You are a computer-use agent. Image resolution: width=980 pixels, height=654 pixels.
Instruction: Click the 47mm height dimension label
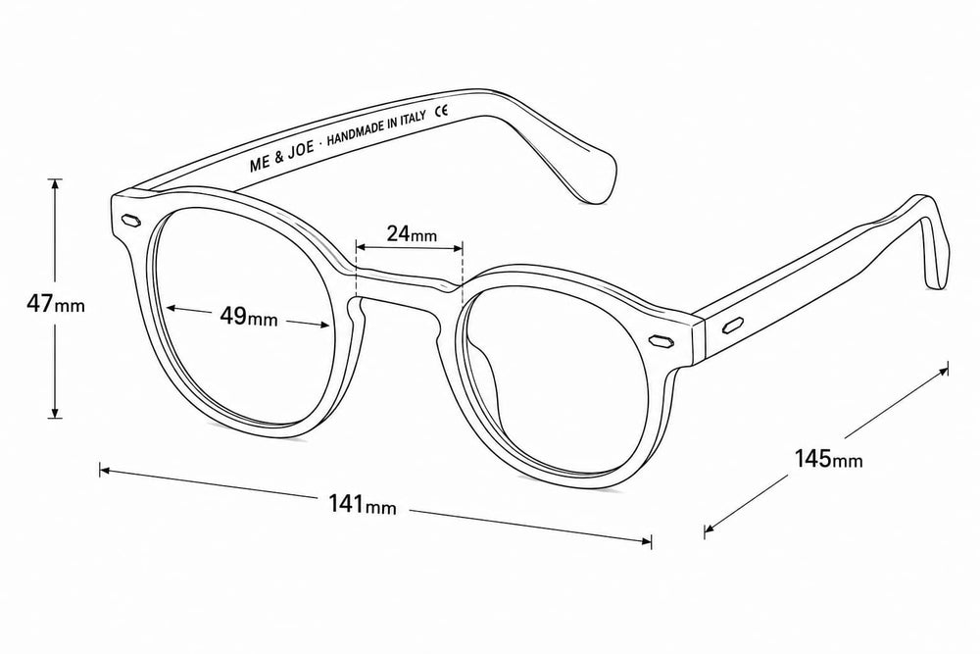click(55, 304)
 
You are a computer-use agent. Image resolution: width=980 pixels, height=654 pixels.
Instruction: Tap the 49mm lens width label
click(248, 317)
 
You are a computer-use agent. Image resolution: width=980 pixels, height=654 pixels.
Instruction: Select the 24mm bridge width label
click(412, 233)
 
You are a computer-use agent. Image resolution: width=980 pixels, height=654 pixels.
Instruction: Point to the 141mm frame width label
click(363, 504)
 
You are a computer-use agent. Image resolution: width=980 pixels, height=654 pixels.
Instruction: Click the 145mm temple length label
click(828, 459)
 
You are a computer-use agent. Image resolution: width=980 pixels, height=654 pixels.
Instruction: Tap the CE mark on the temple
click(441, 112)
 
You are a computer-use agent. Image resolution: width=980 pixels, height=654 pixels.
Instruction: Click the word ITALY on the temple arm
click(411, 120)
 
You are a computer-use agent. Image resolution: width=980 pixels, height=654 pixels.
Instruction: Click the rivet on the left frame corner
click(130, 220)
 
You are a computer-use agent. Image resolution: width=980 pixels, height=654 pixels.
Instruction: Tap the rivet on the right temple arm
click(733, 326)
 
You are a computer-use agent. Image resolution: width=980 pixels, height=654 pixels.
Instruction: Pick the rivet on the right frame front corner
click(661, 341)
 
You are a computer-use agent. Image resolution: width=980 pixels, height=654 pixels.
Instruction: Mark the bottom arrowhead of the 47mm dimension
click(56, 412)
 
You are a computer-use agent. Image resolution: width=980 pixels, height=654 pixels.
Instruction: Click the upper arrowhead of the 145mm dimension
click(942, 373)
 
